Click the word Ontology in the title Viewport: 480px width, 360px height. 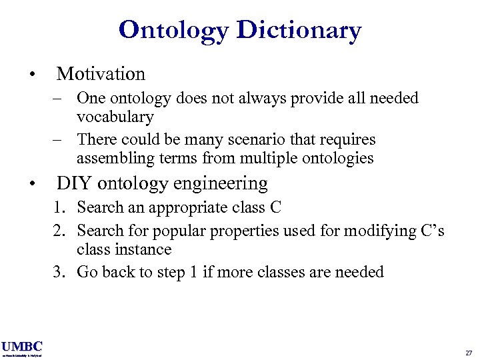pyautogui.click(x=173, y=30)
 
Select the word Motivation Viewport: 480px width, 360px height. pyautogui.click(x=101, y=73)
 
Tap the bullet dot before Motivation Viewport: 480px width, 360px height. pyautogui.click(x=31, y=74)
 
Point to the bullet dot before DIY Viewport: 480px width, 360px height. pyautogui.click(x=31, y=183)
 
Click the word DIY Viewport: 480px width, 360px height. pyautogui.click(x=73, y=183)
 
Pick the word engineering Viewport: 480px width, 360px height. pyautogui.click(x=220, y=183)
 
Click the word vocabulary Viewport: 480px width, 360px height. pyautogui.click(x=115, y=117)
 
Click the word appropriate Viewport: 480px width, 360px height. pyautogui.click(x=182, y=208)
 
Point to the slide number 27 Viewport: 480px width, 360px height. pyautogui.click(x=467, y=352)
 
